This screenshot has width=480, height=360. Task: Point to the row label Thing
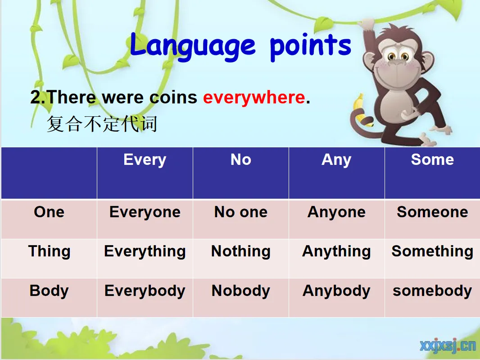tap(49, 251)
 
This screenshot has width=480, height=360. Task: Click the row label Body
tap(49, 291)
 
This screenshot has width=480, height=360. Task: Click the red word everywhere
tap(254, 98)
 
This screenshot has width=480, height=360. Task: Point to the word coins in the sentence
tap(173, 97)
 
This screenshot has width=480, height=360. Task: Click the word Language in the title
tap(193, 46)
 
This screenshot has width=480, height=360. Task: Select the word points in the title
tap(310, 46)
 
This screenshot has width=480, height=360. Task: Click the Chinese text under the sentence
tap(102, 124)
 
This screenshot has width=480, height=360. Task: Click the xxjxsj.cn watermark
tap(448, 345)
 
